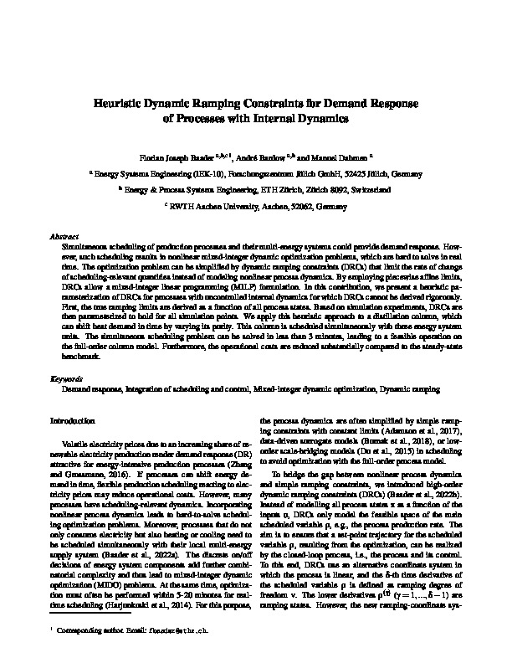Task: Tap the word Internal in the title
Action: tap(287, 118)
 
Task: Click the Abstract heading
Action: tap(64, 238)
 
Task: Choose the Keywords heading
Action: tap(66, 379)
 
